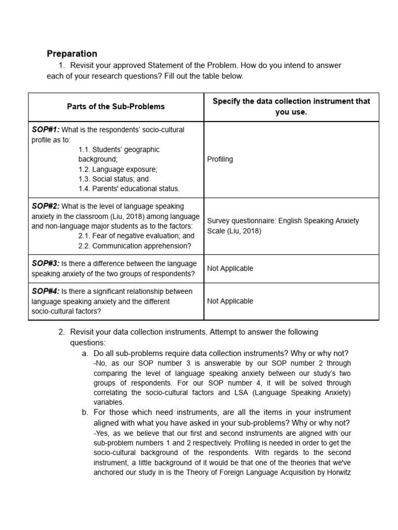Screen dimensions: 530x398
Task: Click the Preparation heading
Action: [72, 53]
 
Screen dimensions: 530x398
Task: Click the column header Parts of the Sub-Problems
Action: [116, 107]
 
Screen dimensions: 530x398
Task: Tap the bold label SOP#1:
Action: [46, 130]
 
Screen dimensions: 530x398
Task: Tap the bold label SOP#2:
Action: [46, 207]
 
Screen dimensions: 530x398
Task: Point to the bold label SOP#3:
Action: [46, 264]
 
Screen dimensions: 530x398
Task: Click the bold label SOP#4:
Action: [46, 291]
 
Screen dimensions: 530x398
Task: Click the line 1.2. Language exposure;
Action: [118, 169]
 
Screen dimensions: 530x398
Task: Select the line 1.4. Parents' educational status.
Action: [129, 189]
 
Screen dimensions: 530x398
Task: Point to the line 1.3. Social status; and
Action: [113, 179]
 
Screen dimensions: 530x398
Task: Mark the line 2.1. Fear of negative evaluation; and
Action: [136, 236]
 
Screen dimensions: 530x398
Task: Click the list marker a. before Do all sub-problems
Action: [85, 354]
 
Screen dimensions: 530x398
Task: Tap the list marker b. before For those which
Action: [85, 413]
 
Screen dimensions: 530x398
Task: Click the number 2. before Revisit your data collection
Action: [62, 332]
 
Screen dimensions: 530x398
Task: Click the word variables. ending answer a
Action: [108, 402]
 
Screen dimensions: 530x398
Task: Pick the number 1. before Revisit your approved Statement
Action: [62, 65]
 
